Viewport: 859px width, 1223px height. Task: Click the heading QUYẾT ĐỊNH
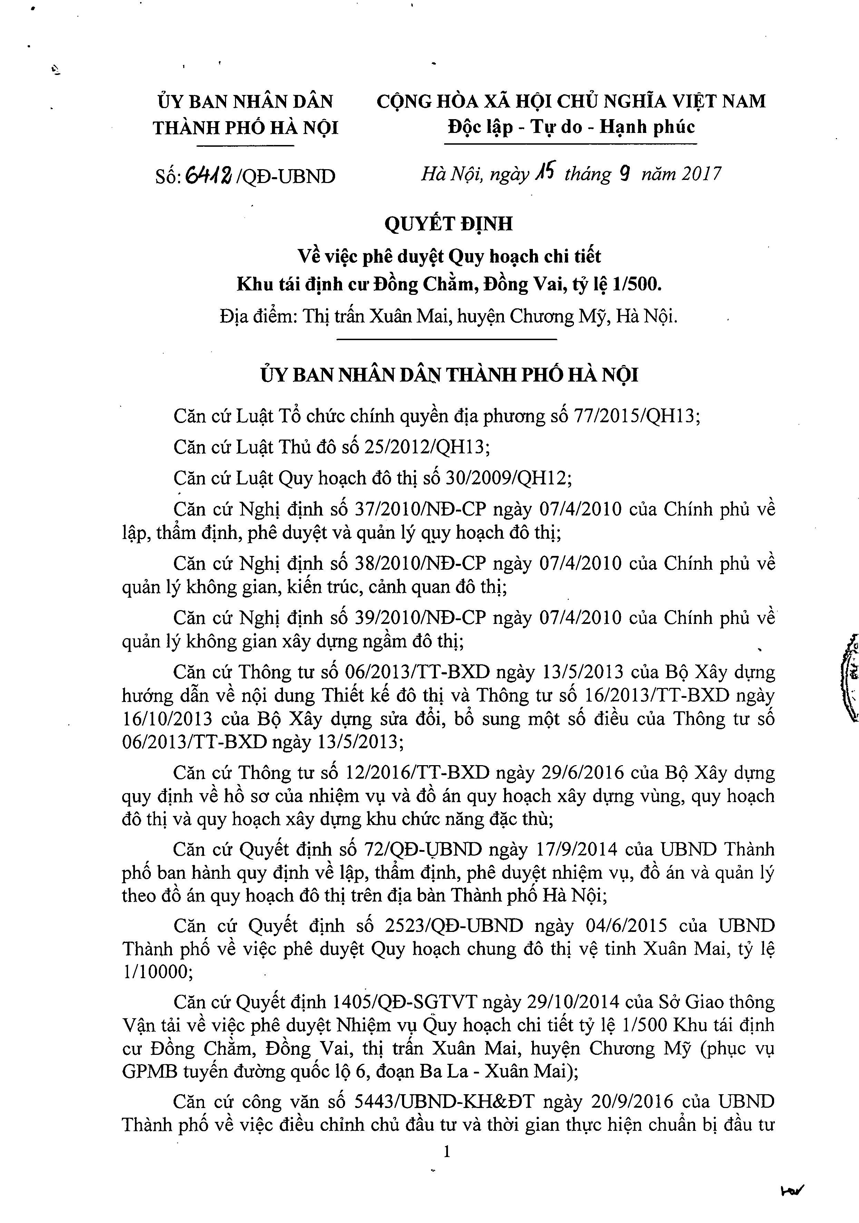(448, 223)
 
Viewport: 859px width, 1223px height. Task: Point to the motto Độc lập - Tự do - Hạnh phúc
(571, 127)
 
